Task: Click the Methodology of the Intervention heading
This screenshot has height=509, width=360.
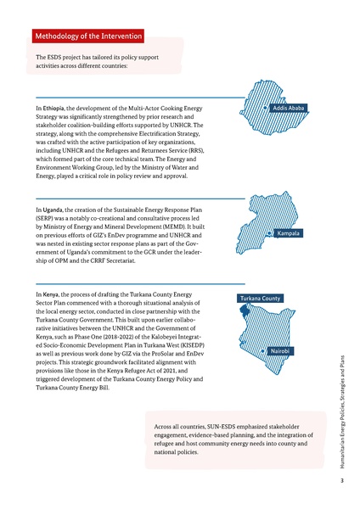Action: [x=88, y=37]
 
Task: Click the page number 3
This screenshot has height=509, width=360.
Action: [x=340, y=481]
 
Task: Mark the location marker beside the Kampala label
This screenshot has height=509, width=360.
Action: [x=269, y=232]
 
